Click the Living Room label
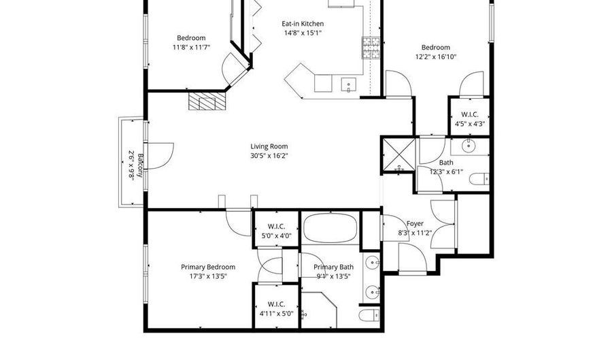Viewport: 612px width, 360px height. [x=269, y=146]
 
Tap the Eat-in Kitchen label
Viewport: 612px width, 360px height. [x=303, y=24]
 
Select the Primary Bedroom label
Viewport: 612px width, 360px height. [x=208, y=267]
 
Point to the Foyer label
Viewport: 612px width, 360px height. [x=415, y=223]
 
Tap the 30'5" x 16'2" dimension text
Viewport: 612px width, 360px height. [x=269, y=155]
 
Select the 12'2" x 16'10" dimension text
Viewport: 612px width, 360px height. [x=436, y=56]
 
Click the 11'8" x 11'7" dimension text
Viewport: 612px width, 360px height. [x=191, y=48]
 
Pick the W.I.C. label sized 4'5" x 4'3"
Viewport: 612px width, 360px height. [x=469, y=114]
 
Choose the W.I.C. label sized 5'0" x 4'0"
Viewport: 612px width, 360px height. [x=276, y=227]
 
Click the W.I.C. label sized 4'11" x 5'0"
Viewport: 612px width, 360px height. [x=276, y=304]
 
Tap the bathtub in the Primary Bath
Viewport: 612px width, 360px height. [x=330, y=228]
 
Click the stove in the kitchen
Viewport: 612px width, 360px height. [x=371, y=47]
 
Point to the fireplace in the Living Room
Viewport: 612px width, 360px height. [x=207, y=101]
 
